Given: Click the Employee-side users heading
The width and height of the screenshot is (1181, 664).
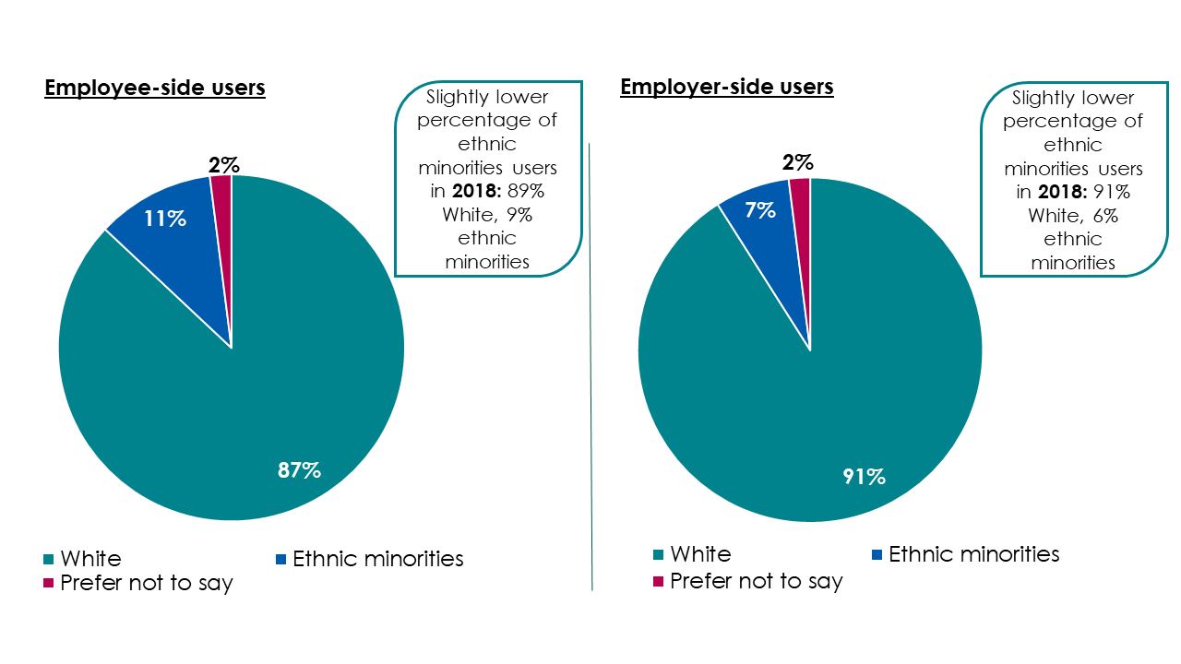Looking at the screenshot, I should click(x=155, y=89).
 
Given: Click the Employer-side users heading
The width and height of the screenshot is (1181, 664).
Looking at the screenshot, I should click(x=727, y=87).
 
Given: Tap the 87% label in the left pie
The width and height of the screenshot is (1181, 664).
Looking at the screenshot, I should click(x=299, y=470).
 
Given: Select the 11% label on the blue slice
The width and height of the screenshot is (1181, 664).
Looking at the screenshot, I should click(x=164, y=219).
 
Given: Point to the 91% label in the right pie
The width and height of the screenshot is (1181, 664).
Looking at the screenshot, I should click(x=864, y=477).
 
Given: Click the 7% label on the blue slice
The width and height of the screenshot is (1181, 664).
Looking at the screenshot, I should click(x=759, y=210).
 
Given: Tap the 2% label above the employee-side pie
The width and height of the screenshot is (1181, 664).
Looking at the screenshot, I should click(x=223, y=165).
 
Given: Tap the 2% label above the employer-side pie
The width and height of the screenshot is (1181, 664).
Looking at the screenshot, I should click(x=798, y=163).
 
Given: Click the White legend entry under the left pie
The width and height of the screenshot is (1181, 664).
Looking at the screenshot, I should click(x=89, y=559).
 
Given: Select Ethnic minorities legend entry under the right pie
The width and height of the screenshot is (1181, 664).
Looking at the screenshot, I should click(x=973, y=554).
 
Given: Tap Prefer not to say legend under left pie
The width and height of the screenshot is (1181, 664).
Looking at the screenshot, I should click(x=146, y=584).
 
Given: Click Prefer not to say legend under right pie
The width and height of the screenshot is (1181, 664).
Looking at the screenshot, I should click(x=756, y=581).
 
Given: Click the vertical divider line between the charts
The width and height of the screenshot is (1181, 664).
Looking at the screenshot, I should click(x=590, y=369).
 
